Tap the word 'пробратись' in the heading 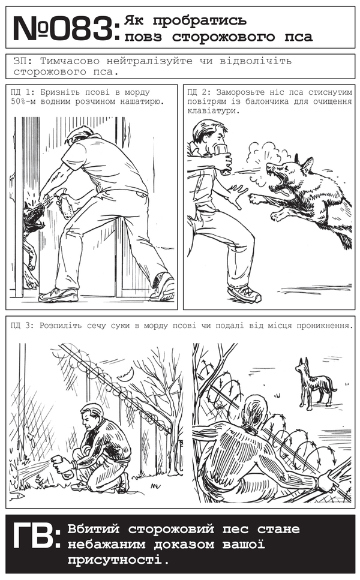click(x=200, y=20)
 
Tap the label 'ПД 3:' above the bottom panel click(x=23, y=326)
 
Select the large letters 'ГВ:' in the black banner click(x=36, y=536)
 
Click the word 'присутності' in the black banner click(x=115, y=560)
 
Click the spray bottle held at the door click(x=64, y=204)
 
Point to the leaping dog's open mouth click(x=278, y=184)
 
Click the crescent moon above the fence click(x=125, y=374)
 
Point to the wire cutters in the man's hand click(x=335, y=481)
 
